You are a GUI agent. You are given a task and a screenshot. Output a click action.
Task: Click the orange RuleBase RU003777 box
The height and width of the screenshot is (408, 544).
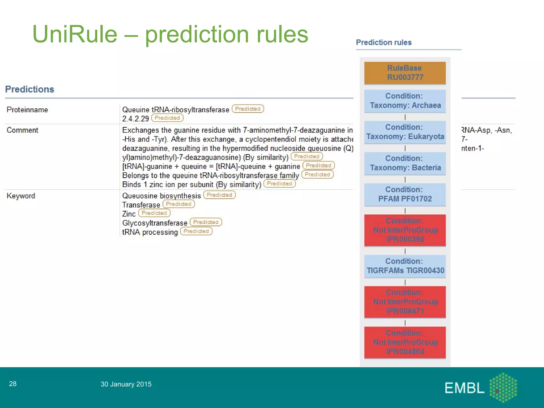coord(405,73)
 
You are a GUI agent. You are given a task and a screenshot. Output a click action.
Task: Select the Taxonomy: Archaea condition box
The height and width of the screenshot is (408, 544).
coord(405,101)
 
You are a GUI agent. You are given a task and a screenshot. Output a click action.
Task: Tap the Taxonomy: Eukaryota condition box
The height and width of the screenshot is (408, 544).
coord(405,132)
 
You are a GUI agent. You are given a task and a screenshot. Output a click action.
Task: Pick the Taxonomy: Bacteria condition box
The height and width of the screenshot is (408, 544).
coord(405,163)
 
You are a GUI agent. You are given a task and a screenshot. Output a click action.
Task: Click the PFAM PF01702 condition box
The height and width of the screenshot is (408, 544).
coord(405,194)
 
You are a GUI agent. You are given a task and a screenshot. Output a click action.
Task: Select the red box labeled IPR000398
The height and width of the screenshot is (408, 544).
coord(405,230)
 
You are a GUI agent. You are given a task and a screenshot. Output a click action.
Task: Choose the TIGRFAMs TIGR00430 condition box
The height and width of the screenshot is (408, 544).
coord(405,266)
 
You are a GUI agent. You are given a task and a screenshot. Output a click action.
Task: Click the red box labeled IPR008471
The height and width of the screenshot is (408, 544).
coord(405,302)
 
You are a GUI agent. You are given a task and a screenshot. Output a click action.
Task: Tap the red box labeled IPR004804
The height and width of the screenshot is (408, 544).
coord(405,342)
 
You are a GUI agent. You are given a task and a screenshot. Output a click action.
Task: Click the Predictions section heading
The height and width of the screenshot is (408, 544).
coord(29,89)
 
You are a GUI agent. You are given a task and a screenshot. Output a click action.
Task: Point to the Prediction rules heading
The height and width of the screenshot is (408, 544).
coord(384,42)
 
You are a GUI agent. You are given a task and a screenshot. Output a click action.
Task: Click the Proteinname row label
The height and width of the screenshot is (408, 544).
coord(27,110)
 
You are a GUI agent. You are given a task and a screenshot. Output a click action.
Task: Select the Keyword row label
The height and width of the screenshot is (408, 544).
coord(21,196)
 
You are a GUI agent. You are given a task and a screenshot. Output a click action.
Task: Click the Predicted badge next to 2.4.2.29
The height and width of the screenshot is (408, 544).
coord(167,118)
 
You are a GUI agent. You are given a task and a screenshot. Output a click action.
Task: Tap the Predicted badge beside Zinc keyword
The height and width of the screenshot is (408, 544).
coord(154,213)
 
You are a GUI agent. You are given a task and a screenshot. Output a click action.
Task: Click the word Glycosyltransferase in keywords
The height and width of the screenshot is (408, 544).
coord(155,223)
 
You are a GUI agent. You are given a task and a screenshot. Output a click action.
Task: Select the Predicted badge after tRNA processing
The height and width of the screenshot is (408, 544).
coord(196,231)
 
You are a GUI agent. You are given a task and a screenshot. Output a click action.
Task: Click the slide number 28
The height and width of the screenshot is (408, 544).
coord(13,384)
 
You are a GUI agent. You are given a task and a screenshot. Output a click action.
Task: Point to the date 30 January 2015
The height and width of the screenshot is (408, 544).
coord(126,384)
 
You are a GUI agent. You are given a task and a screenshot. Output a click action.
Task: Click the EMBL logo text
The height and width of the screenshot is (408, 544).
coord(464,388)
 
